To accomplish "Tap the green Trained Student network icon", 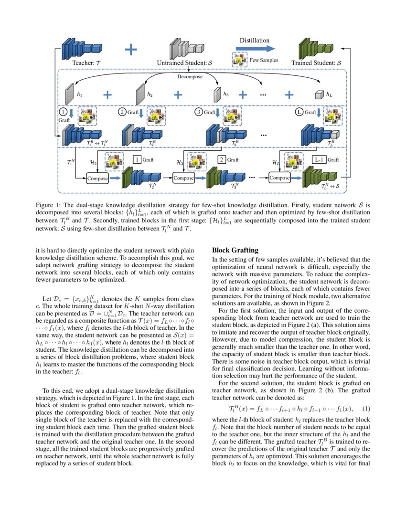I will click(313, 48).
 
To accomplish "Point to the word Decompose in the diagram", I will click(190, 76).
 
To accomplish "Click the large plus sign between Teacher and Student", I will click(130, 49).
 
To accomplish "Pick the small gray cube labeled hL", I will click(319, 95).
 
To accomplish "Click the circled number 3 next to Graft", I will click(199, 113).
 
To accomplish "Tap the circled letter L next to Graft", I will click(299, 113).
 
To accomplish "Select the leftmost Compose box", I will click(97, 178).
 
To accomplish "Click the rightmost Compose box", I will click(280, 178).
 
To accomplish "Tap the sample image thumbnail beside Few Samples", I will click(240, 61).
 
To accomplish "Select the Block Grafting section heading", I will click(235, 250).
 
